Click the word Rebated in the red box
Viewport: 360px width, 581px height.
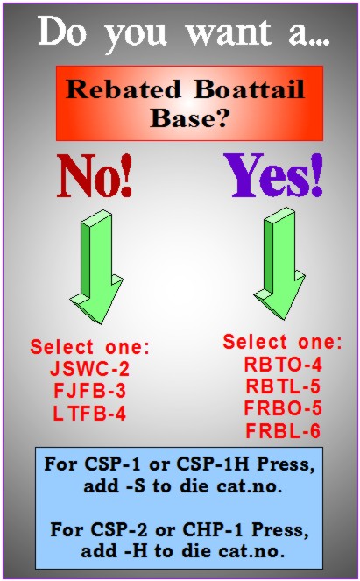(x=124, y=89)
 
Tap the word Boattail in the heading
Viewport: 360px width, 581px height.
(x=250, y=89)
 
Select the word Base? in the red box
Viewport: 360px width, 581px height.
(x=189, y=118)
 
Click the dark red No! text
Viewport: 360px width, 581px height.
(x=95, y=175)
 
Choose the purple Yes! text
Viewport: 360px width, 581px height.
(x=274, y=175)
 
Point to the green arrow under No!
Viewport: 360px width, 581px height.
(x=96, y=267)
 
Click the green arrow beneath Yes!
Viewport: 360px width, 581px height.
(x=280, y=264)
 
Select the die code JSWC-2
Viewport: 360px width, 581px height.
(x=90, y=369)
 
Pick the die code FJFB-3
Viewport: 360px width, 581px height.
(x=90, y=391)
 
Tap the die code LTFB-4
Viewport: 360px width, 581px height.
(x=89, y=414)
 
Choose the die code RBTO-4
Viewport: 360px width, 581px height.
(x=283, y=365)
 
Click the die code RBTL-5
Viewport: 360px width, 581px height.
(x=283, y=386)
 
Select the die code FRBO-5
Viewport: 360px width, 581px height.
(x=283, y=408)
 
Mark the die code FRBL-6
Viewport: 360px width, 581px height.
(x=283, y=431)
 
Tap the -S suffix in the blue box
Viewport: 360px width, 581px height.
(x=136, y=486)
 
